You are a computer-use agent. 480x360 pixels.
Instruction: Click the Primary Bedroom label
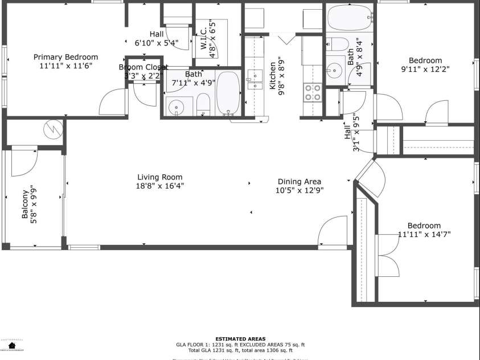point(65,57)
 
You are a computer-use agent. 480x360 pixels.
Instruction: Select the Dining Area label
point(300,182)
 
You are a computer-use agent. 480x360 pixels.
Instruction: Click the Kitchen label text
point(273,76)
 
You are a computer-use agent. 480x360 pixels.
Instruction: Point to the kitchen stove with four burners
point(313,92)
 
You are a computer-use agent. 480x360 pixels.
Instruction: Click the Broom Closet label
point(143,67)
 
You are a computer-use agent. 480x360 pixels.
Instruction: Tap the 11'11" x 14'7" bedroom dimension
point(424,234)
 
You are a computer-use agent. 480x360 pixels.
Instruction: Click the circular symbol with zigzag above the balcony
point(53,129)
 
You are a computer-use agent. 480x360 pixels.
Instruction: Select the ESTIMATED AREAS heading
point(240,339)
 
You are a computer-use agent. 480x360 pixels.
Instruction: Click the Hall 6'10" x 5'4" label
point(157,38)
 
